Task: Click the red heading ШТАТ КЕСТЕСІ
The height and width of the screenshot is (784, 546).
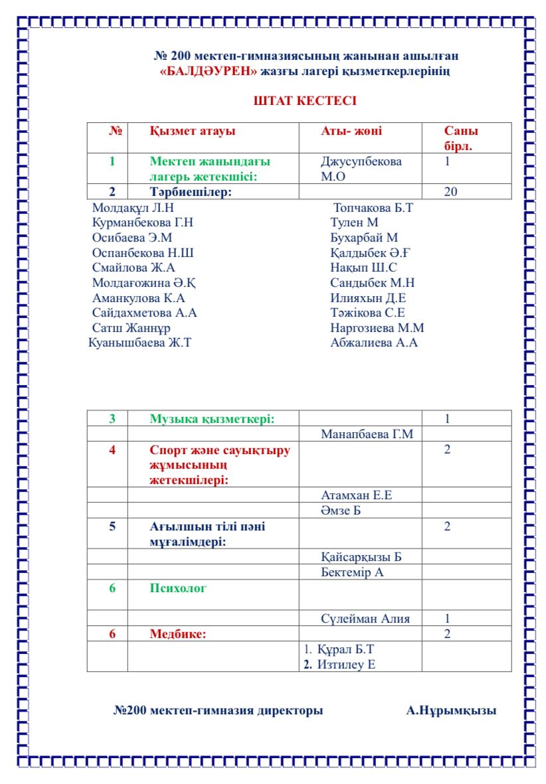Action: point(305,101)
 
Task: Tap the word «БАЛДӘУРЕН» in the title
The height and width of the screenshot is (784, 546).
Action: point(209,71)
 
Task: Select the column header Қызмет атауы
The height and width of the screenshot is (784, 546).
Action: point(193,131)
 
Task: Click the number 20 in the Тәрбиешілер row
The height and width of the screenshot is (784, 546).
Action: point(450,192)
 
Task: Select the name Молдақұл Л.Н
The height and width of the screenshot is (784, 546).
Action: point(132,208)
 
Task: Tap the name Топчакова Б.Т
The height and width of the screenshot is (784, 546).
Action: point(373,208)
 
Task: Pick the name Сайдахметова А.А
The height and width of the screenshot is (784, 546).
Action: point(145,313)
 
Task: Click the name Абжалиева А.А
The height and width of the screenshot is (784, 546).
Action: point(374,343)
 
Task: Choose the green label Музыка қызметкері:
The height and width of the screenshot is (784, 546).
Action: point(212,419)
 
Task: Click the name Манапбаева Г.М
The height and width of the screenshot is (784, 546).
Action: point(367,435)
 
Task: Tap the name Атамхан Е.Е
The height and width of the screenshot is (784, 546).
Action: point(361,495)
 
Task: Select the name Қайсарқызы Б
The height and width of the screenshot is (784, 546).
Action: point(361,557)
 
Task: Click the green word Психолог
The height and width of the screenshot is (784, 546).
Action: point(178,588)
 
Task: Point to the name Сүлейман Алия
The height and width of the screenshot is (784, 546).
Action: point(365,619)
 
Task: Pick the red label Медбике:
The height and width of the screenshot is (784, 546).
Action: point(178,634)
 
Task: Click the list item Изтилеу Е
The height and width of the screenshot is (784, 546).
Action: point(345,664)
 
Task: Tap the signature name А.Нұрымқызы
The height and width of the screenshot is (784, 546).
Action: point(451,711)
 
